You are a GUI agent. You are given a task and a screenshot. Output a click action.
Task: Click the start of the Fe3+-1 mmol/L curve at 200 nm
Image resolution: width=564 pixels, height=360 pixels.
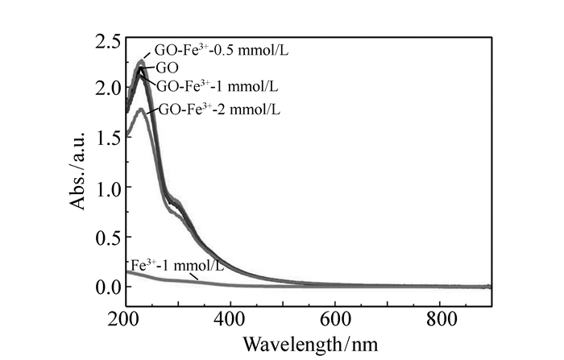(x=126, y=272)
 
